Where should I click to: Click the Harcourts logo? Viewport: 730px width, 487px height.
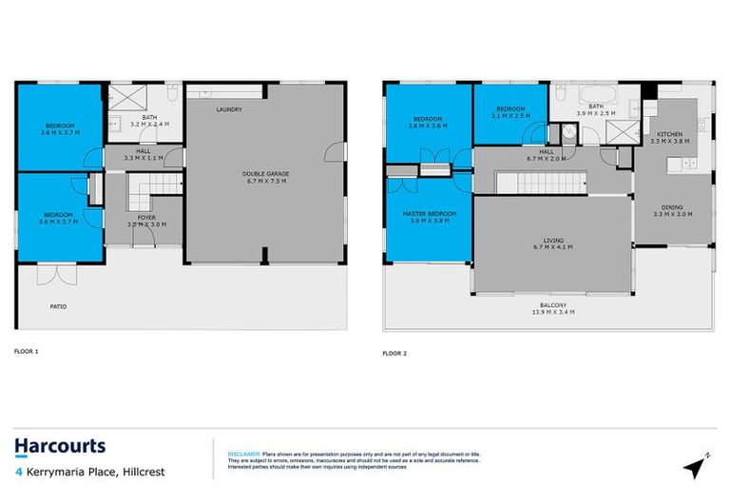click(x=60, y=446)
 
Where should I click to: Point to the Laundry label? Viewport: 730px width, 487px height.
click(x=228, y=109)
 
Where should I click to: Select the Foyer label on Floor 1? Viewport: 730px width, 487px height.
click(x=146, y=218)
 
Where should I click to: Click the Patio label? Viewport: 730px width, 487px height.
click(x=59, y=306)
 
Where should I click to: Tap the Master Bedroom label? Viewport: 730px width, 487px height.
click(x=428, y=214)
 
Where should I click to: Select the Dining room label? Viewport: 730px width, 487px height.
click(x=672, y=207)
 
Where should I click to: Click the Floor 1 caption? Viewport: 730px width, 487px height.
click(x=27, y=352)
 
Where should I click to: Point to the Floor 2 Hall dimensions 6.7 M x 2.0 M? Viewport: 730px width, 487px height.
click(x=546, y=159)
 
